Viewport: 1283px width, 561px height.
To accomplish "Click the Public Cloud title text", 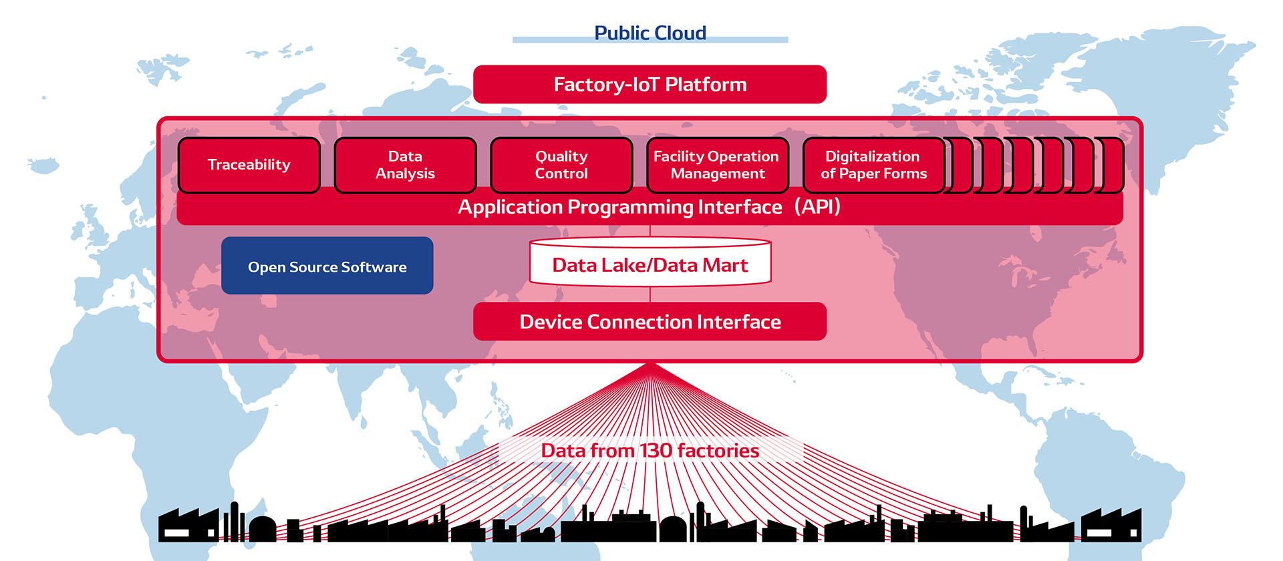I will [650, 33].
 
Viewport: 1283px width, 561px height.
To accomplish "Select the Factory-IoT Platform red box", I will [650, 84].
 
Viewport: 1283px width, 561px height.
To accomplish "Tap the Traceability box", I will [249, 165].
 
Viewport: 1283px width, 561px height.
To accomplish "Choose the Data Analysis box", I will [405, 165].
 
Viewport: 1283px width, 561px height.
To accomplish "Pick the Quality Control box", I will [561, 165].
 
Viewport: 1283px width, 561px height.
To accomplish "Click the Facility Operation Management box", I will [717, 165].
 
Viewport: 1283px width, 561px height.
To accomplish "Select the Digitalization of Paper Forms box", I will [873, 165].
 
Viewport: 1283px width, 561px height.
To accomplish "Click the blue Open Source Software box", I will [327, 266].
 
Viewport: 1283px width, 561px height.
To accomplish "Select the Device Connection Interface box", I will [650, 322].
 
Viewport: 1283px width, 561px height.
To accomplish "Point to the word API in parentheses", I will [817, 207].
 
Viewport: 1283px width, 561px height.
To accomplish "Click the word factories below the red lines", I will [718, 451].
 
